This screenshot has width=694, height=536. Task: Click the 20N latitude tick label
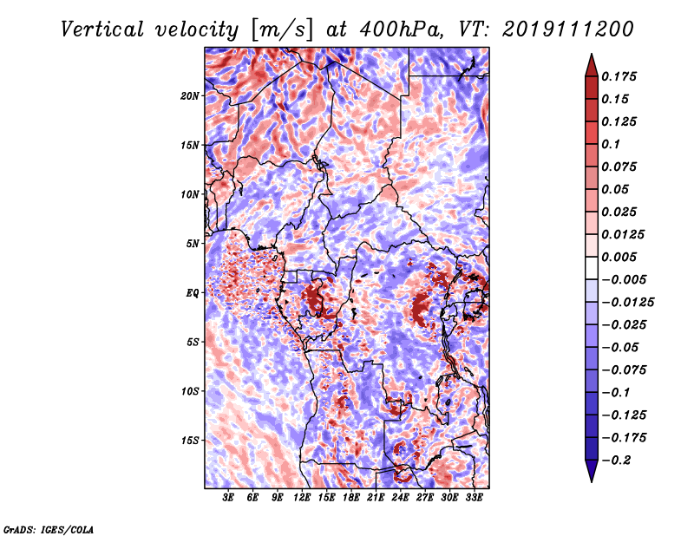pos(190,96)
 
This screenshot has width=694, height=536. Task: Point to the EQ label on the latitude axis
pos(193,293)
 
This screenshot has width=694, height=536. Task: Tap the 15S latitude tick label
pos(190,441)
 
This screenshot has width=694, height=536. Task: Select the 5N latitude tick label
pos(193,244)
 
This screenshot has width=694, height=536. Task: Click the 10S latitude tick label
pos(190,391)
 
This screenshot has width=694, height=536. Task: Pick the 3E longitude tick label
pos(228,498)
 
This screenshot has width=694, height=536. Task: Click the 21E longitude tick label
pos(376,498)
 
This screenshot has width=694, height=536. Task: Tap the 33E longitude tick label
pos(474,498)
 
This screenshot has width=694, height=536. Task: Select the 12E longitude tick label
pos(301,498)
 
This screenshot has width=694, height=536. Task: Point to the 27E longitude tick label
pos(424,498)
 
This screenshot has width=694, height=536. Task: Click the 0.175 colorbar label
pos(619,76)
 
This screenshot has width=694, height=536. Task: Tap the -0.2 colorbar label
pos(616,461)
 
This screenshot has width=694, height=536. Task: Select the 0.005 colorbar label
pos(619,257)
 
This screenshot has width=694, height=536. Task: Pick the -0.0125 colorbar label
pos(627,303)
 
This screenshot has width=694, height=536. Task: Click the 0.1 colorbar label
pos(611,144)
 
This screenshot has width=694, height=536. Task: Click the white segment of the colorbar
pos(592,268)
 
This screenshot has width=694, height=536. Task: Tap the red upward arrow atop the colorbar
pos(592,66)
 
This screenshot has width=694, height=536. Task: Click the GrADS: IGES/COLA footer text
pos(49,530)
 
